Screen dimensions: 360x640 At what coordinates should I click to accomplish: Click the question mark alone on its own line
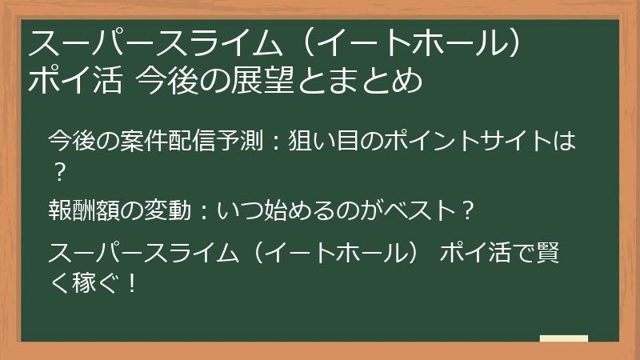pos(57,172)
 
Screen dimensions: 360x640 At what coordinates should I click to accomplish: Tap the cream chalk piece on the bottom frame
pos(563,338)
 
